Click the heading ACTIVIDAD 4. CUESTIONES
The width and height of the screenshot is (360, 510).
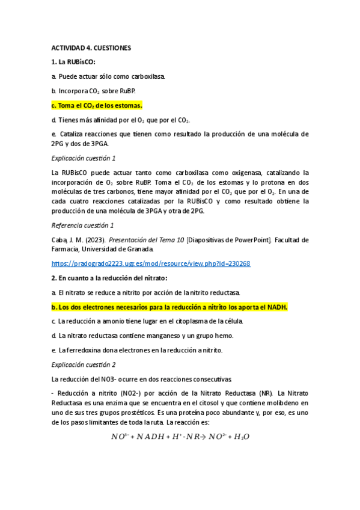click(91, 47)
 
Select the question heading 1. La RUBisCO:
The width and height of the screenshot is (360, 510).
click(74, 62)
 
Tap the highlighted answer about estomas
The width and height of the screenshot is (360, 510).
click(97, 106)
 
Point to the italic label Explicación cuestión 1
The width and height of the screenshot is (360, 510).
click(84, 158)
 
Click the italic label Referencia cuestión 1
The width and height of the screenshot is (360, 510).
click(83, 225)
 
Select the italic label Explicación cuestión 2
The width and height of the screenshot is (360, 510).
click(84, 364)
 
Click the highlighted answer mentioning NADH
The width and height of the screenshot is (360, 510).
click(170, 307)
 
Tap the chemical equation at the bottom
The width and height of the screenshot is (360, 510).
click(180, 436)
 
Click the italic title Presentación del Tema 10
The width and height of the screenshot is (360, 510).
click(141, 239)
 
